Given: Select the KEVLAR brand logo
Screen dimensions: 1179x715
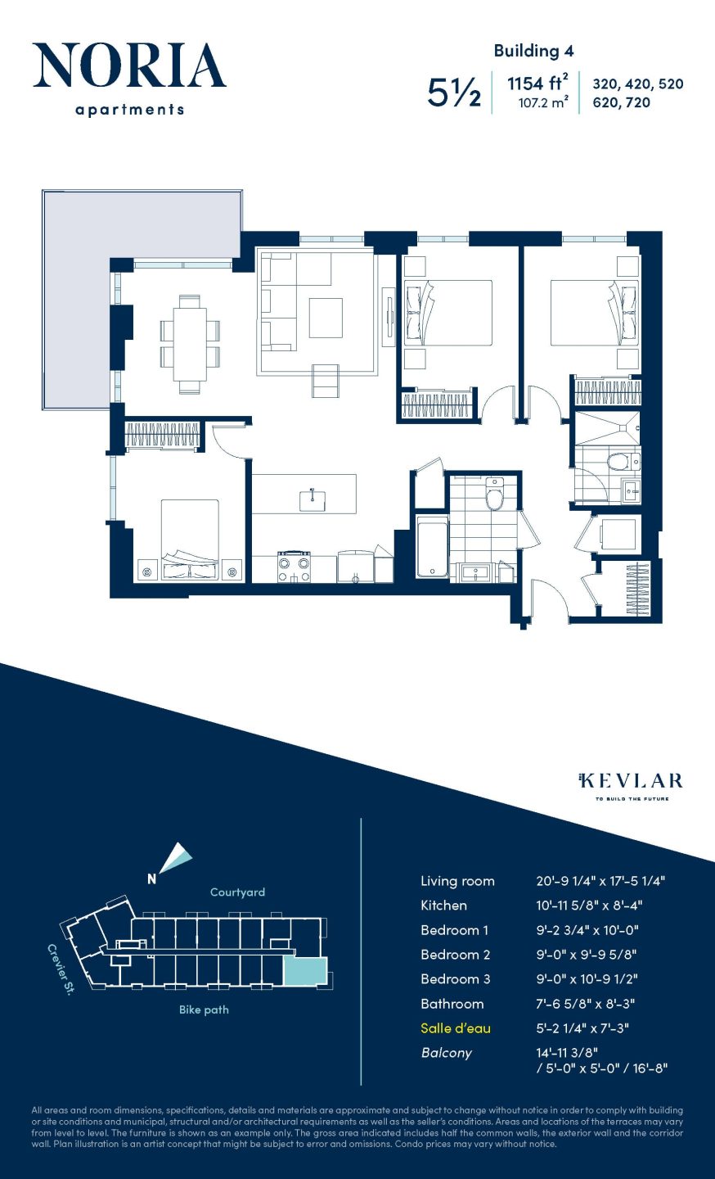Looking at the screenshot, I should [x=631, y=780].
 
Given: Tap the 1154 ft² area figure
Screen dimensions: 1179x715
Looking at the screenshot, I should [x=537, y=84].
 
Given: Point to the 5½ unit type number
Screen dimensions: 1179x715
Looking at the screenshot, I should [x=454, y=93].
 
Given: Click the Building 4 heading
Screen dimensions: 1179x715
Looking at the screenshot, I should [x=533, y=51].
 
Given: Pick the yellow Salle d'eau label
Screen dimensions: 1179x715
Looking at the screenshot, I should [x=456, y=1028].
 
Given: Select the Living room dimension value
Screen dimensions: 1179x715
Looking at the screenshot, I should [x=600, y=881].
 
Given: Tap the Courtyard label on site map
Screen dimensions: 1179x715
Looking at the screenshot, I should [x=237, y=892].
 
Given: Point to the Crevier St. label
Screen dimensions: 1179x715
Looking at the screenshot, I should [x=61, y=969].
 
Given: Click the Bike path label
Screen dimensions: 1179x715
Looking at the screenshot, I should [x=204, y=1010].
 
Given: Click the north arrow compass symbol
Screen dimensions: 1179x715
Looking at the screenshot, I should [x=174, y=859].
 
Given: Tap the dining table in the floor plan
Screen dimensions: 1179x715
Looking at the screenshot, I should [x=190, y=344].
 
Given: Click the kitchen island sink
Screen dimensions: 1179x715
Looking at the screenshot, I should [x=312, y=500].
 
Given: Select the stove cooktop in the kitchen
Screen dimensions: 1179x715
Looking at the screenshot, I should [x=294, y=566].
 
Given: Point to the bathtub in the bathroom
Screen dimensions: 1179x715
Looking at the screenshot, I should [x=432, y=547].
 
